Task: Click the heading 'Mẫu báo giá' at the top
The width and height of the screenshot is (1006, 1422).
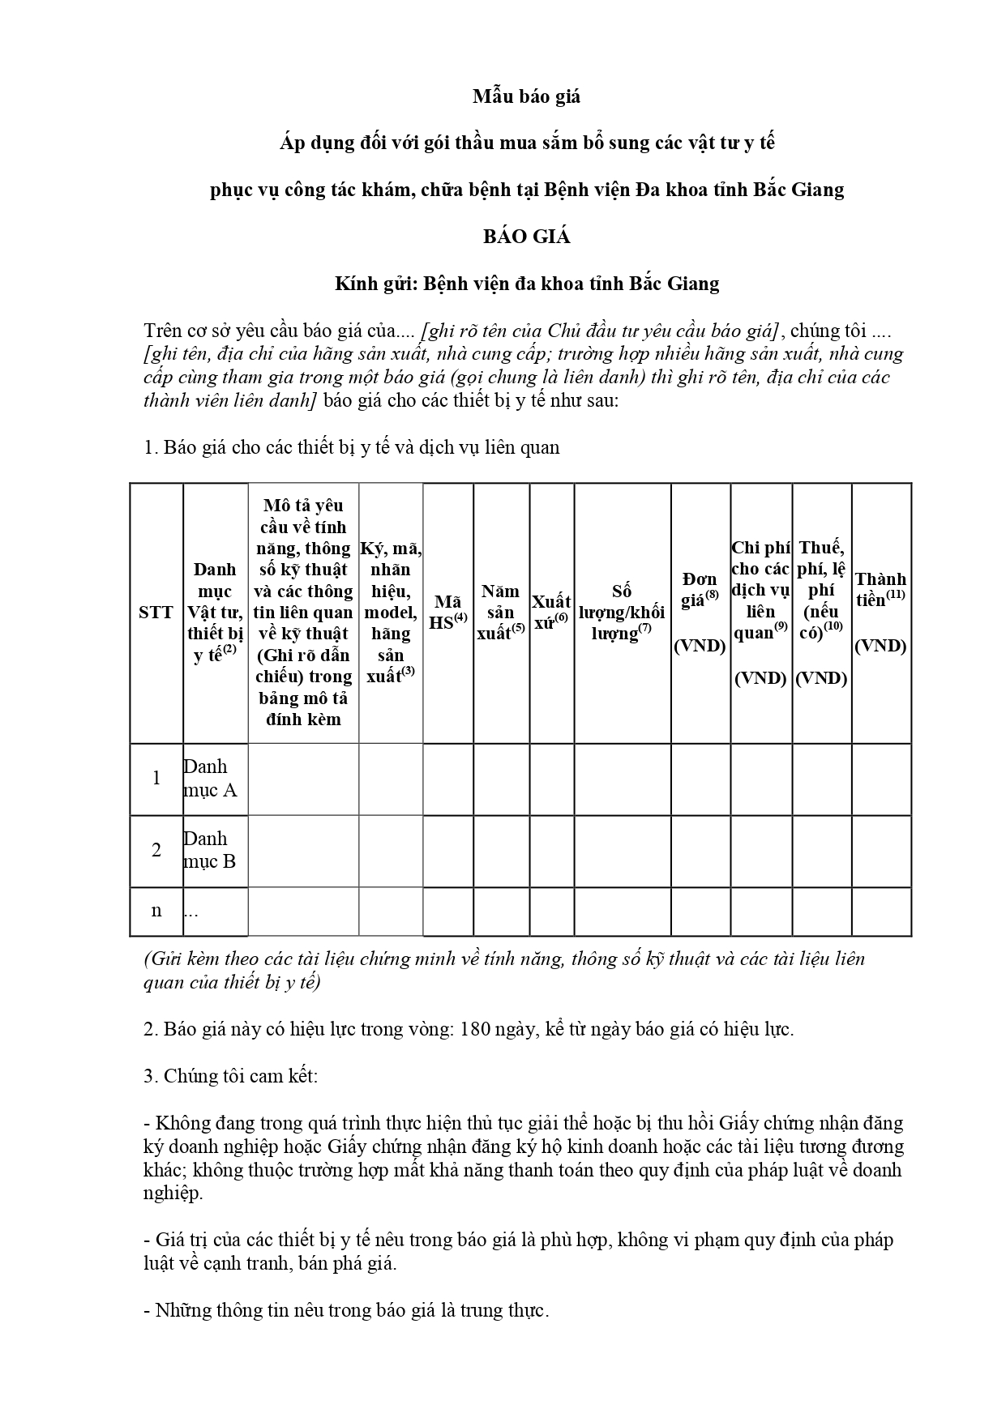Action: coord(527,97)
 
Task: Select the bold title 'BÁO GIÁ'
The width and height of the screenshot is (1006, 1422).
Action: coord(527,237)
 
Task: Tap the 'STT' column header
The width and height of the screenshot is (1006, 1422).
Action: coord(156,613)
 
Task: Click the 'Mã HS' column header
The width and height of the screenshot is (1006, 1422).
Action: coord(447,613)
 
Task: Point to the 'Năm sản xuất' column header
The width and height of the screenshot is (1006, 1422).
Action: coord(501,613)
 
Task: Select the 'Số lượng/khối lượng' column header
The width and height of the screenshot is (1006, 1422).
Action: coord(622,613)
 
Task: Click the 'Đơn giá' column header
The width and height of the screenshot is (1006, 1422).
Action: coord(700,613)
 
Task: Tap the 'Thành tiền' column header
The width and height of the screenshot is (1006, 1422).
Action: coord(880,613)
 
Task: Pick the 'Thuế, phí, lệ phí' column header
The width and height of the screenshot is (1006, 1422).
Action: coord(821,613)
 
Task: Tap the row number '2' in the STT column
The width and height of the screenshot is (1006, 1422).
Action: coord(156,851)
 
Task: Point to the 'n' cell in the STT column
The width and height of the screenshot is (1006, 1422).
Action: coord(156,911)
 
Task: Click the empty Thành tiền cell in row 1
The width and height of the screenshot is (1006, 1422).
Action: coord(881,779)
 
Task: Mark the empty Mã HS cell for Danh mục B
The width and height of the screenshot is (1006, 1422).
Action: coord(447,851)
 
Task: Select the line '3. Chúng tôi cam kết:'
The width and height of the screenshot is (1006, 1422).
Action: coord(231,1077)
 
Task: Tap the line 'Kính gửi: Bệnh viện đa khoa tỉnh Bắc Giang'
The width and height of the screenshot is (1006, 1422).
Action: coord(527,284)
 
